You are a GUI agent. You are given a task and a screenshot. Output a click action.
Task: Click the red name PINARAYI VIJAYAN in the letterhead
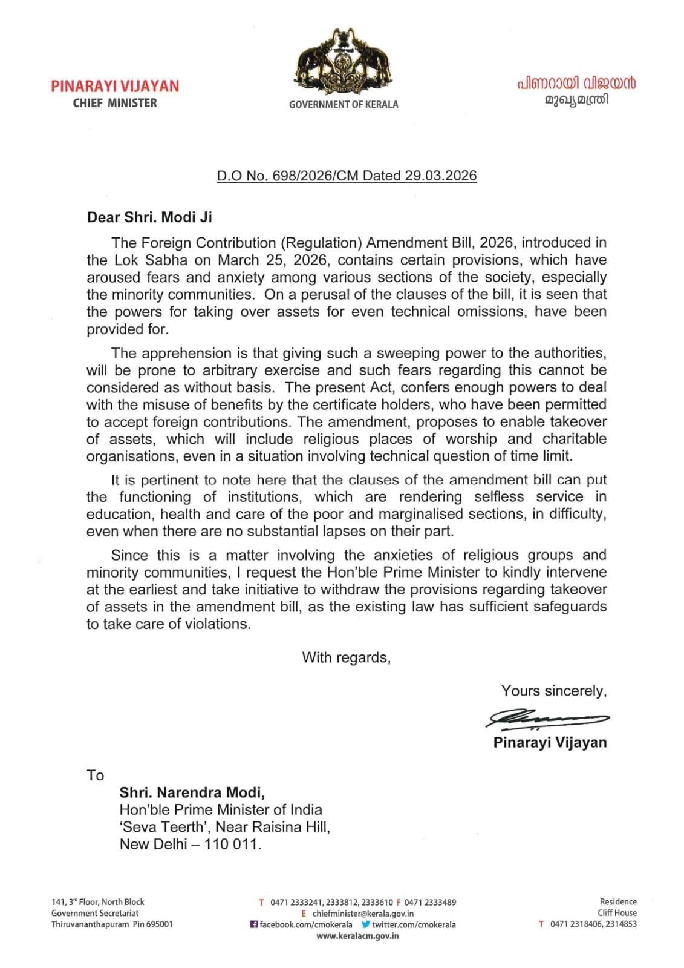coord(115,86)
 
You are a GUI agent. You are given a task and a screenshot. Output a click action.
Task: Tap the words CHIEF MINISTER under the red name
coord(115,103)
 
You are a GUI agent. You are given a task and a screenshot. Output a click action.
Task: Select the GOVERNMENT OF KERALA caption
coord(344,104)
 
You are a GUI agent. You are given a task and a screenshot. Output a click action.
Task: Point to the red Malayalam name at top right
coord(576,84)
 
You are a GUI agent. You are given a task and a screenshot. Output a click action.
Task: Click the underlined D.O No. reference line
coord(347,176)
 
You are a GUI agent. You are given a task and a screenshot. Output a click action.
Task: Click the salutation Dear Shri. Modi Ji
coord(149,217)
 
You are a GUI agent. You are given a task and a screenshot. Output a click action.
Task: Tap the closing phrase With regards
coord(347,657)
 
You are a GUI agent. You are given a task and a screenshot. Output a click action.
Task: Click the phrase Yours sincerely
coord(553,691)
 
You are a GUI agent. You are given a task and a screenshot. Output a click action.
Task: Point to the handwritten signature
coord(547,719)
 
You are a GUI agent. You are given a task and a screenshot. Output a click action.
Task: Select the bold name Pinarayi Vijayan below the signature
coord(550,742)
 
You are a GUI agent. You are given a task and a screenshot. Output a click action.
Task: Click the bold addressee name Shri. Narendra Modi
coord(192,792)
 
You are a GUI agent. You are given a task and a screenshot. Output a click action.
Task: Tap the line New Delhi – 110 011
coord(191,844)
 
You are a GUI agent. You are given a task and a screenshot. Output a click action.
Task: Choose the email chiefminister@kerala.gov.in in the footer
coord(363,914)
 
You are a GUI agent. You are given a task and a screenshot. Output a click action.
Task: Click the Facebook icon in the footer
coord(254,924)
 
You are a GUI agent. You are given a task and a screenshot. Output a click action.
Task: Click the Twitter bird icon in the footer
coord(365,924)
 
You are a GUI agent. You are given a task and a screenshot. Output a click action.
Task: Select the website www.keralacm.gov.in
coord(357,935)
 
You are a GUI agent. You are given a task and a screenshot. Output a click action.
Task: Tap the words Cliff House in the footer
coord(617,913)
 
